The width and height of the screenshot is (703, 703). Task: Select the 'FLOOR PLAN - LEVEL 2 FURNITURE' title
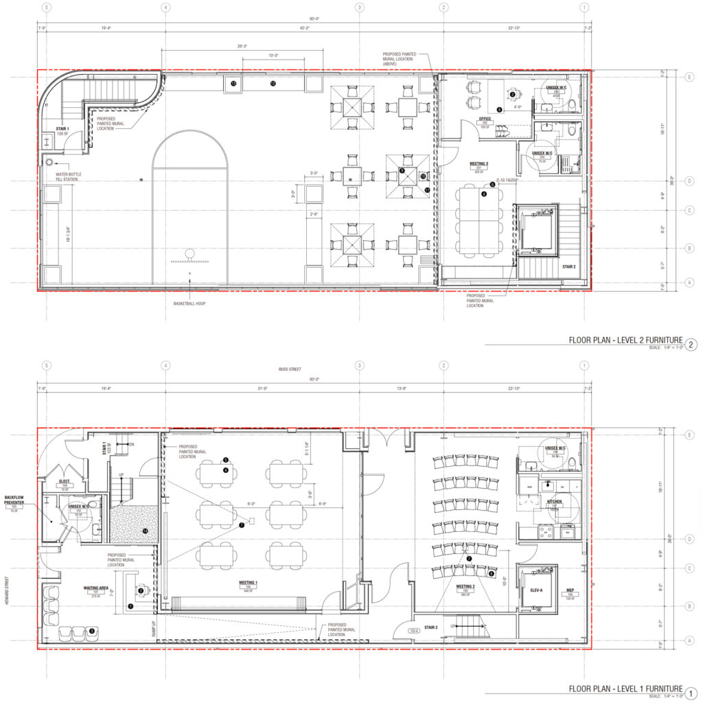625,341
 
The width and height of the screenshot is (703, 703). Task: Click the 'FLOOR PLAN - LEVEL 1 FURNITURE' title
625,689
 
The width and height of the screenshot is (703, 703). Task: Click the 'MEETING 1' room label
249,582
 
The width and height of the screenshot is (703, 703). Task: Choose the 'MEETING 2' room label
465,587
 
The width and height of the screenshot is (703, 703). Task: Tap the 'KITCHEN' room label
554,503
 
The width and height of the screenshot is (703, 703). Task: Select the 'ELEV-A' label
538,589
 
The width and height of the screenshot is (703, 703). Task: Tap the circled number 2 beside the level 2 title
691,344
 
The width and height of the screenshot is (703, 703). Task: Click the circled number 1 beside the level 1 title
691,692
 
